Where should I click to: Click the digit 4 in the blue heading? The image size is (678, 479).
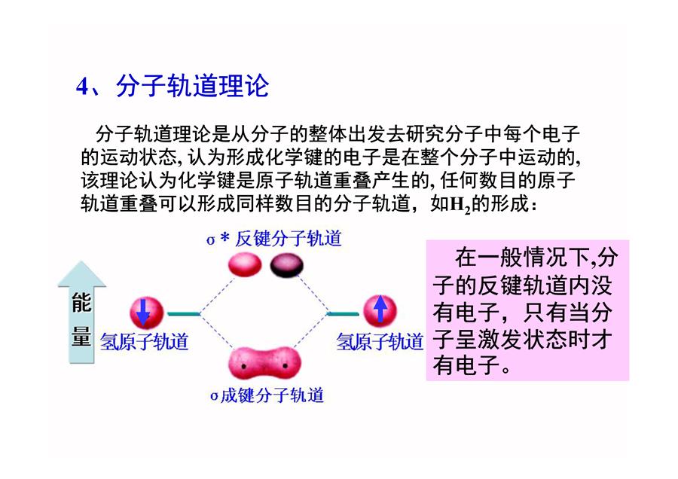click(82, 86)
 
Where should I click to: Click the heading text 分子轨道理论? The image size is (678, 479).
click(192, 86)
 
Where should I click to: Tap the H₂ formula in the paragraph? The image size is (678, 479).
click(460, 204)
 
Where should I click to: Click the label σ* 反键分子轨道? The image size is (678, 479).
click(274, 238)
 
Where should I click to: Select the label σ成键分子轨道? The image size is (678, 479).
click(267, 395)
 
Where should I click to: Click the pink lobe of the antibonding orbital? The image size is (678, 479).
click(245, 264)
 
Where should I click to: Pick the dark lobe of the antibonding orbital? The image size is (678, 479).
click(287, 265)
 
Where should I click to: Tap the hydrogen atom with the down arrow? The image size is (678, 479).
click(147, 313)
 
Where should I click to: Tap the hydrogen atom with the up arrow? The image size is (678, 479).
click(380, 310)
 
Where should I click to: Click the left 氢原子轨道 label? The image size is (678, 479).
click(145, 341)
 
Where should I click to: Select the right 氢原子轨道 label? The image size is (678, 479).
click(380, 341)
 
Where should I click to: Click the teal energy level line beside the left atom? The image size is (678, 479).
click(184, 314)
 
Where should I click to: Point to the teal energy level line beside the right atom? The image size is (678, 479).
click(344, 314)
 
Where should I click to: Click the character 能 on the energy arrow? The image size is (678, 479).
click(81, 302)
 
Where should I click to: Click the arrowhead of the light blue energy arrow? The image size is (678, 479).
click(81, 273)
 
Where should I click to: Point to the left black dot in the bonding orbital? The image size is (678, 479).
click(243, 367)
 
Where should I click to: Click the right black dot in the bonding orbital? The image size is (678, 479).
click(286, 366)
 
